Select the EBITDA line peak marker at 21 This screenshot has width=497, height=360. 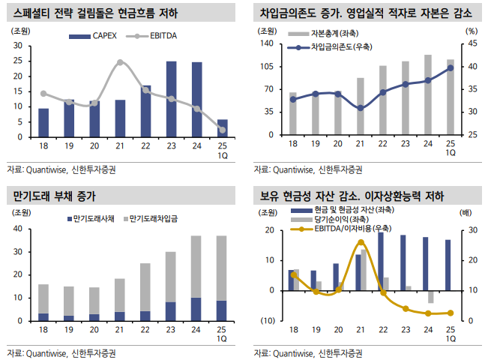tap(120, 62)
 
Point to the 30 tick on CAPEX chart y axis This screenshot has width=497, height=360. tap(16, 45)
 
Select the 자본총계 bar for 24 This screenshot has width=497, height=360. tap(427, 94)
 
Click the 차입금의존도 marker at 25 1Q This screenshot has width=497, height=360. tap(451, 67)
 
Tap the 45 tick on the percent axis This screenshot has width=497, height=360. tap(471, 44)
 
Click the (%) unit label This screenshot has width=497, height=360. tap(471, 31)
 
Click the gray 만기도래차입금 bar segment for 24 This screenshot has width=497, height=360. tap(196, 267)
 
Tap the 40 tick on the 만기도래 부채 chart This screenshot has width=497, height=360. tap(16, 227)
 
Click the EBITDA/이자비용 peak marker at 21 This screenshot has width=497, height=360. tap(361, 242)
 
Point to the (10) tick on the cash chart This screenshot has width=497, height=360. tap(268, 321)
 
